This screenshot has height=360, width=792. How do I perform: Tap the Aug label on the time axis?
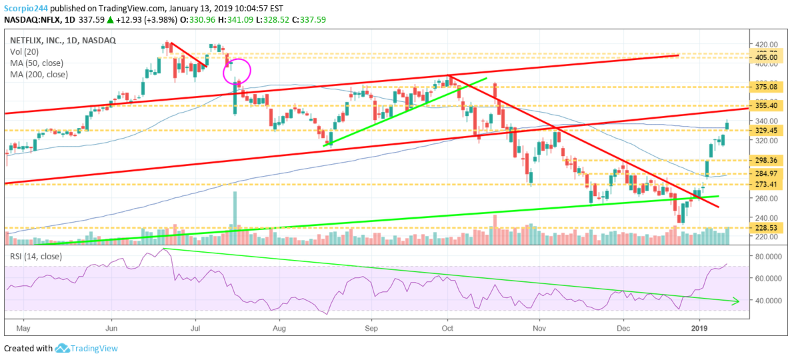point(279,329)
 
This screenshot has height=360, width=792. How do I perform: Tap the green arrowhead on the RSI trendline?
point(736,301)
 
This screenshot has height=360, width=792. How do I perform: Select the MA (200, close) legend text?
point(39,74)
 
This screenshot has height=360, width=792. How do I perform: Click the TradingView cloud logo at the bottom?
point(63,348)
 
